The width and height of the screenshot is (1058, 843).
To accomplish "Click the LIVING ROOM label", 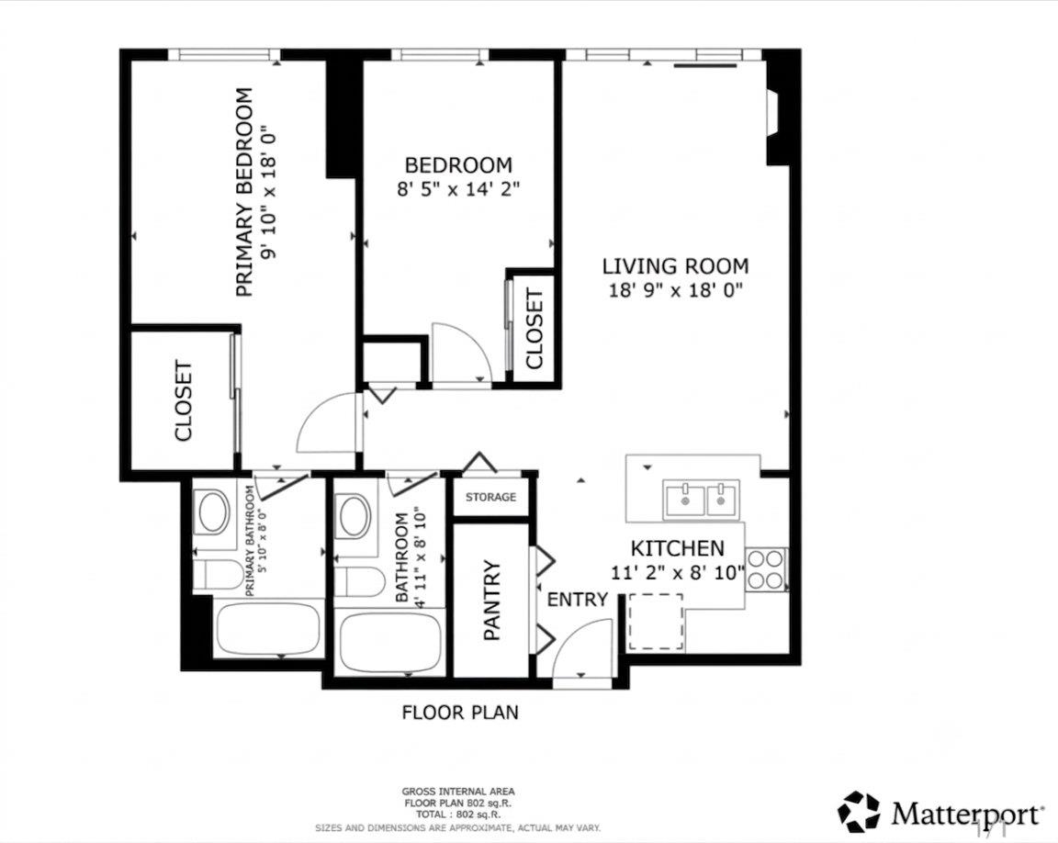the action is tap(675, 265).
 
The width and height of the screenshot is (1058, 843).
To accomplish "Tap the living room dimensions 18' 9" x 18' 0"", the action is tap(675, 291).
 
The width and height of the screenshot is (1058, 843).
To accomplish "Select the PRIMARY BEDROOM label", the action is tap(244, 192).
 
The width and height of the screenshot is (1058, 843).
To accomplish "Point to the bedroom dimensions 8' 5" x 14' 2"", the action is tap(459, 189).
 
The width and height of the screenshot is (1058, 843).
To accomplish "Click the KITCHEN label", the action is tap(678, 547).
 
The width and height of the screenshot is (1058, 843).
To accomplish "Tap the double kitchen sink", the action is tap(701, 499).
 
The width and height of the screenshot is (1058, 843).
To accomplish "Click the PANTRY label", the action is tap(492, 601).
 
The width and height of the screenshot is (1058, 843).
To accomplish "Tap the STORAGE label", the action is tap(490, 497).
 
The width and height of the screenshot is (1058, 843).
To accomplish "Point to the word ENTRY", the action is tap(578, 599).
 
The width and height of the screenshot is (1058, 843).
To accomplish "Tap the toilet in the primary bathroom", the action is tap(217, 575).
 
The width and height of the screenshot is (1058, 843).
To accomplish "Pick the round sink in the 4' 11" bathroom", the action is tap(355, 517).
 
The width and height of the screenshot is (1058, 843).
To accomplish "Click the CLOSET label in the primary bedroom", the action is tap(184, 401).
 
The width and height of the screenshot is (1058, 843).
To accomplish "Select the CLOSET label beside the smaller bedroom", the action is tap(535, 329).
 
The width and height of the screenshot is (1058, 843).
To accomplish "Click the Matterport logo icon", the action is tap(860, 812).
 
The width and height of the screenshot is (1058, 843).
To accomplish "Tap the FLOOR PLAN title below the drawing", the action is tap(460, 713).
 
